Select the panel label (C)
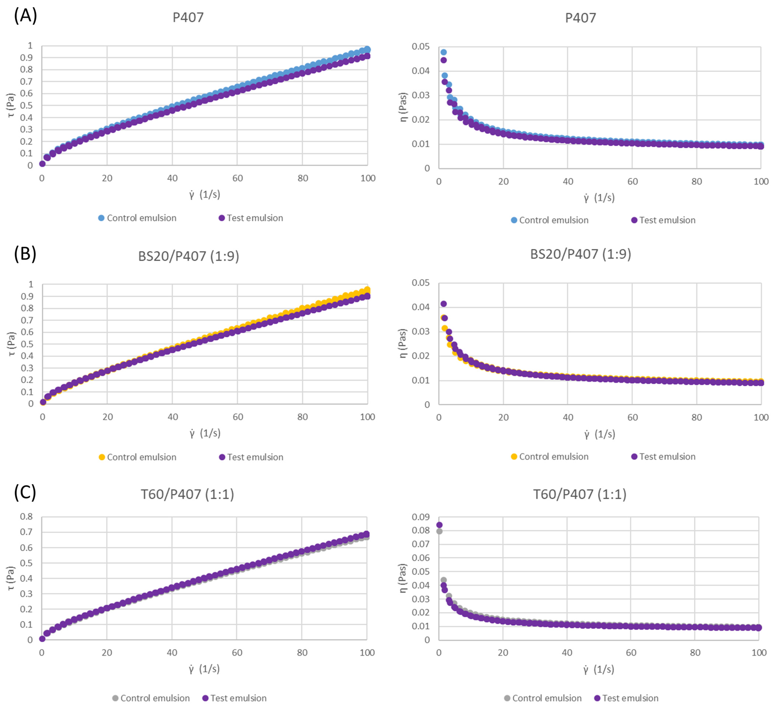click(x=25, y=492)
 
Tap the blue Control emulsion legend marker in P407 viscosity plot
click(x=514, y=220)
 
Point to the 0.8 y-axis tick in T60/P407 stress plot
click(x=27, y=517)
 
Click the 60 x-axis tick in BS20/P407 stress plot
click(x=237, y=417)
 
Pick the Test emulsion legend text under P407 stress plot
click(x=255, y=218)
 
